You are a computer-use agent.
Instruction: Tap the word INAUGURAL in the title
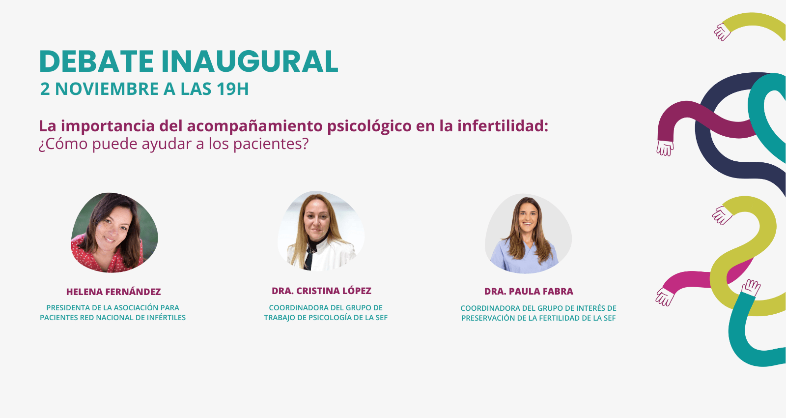click(250, 61)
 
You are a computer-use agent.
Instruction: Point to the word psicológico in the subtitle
click(369, 126)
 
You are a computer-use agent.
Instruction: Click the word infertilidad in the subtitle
click(503, 126)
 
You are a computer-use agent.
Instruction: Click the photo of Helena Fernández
click(114, 233)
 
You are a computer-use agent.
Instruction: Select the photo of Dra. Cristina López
click(321, 231)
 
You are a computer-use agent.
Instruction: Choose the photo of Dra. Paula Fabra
click(529, 234)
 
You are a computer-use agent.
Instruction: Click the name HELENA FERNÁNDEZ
click(113, 292)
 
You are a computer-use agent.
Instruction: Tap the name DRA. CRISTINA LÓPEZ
click(321, 291)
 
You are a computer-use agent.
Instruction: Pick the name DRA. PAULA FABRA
click(529, 291)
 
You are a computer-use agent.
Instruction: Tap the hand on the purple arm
click(665, 148)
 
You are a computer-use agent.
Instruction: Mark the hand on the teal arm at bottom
click(751, 287)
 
